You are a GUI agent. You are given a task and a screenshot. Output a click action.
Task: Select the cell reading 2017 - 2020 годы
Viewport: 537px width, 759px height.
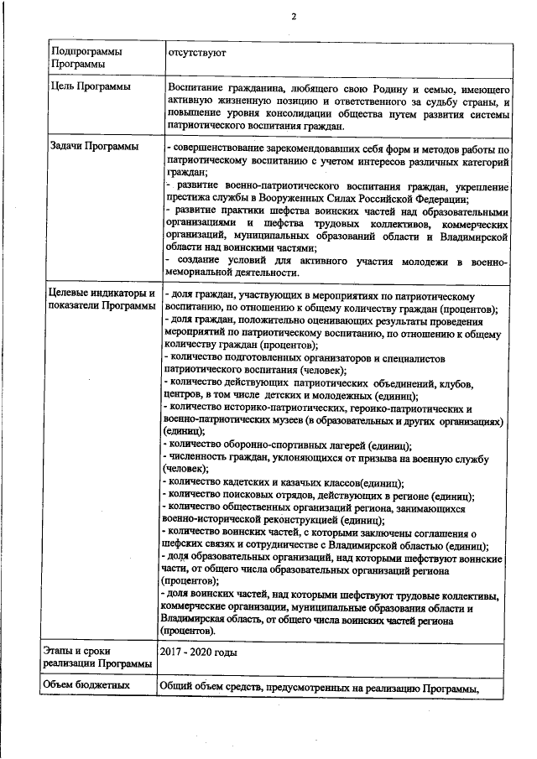coord(198,651)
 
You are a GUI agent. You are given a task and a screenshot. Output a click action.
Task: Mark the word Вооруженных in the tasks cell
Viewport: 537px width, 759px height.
coord(323,199)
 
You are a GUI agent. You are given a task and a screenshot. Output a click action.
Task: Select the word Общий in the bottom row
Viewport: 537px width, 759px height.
coord(178,686)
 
